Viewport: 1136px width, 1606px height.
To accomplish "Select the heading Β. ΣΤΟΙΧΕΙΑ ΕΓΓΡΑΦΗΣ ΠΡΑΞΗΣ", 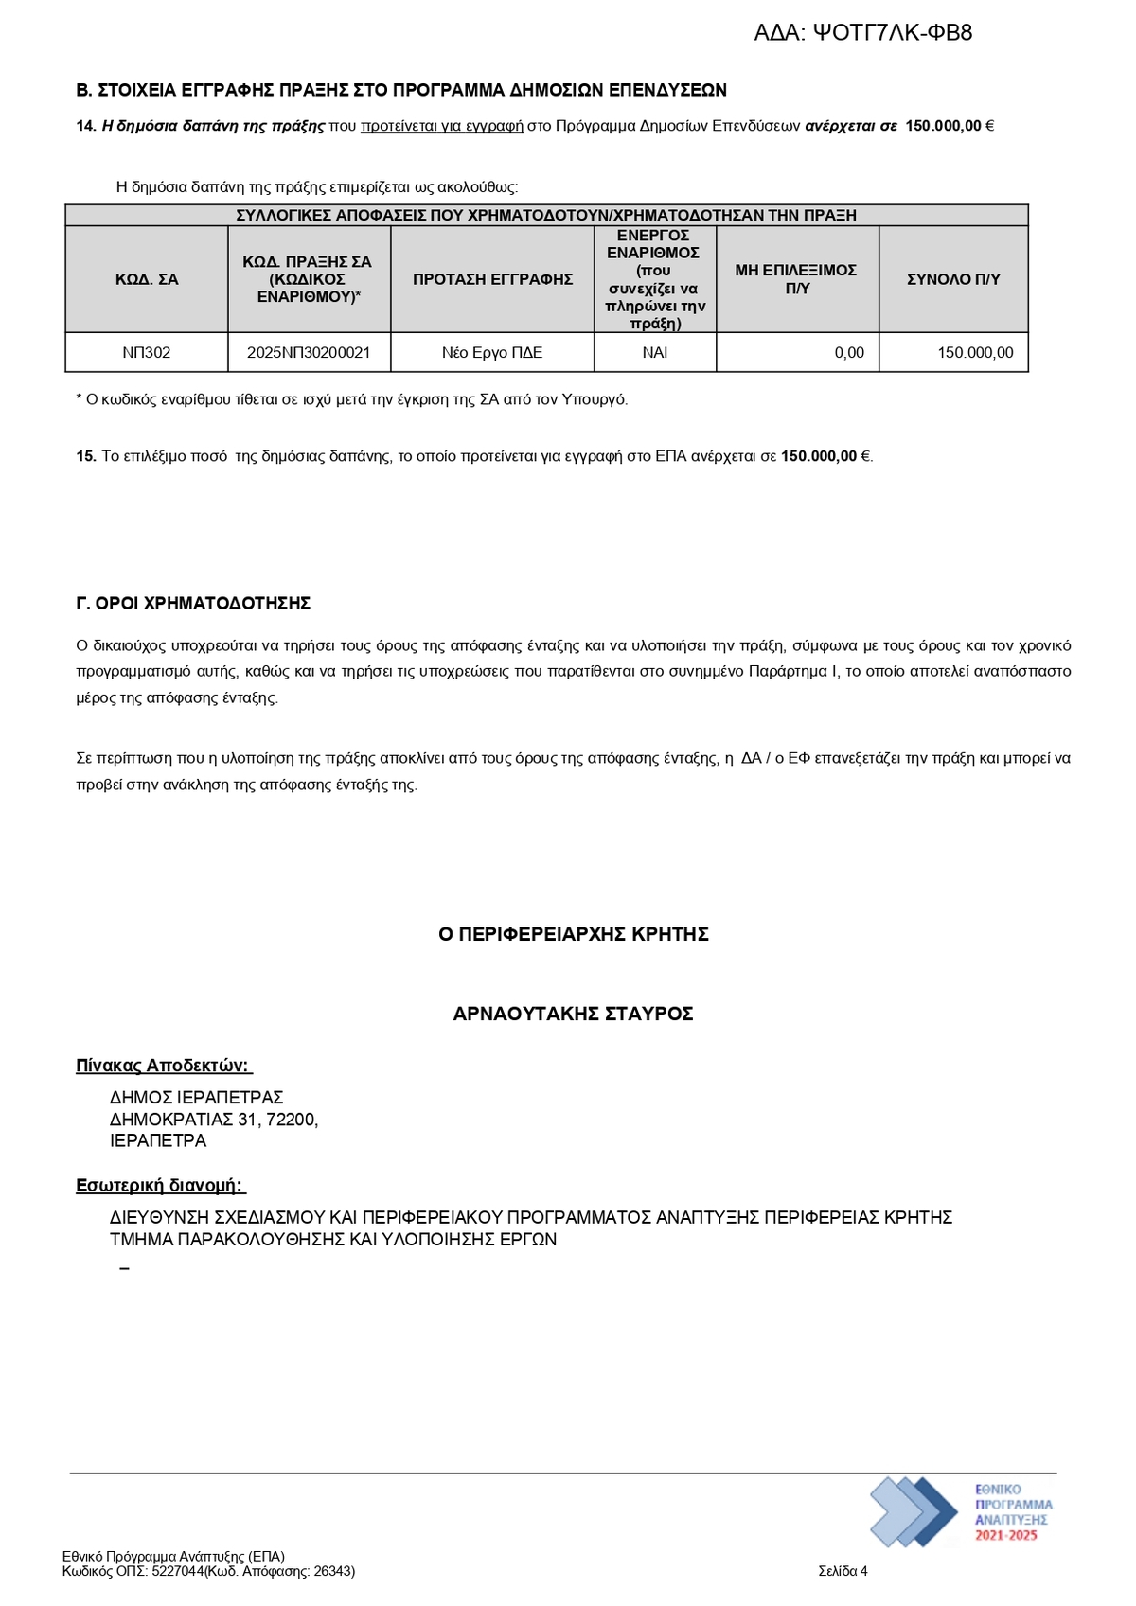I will (x=401, y=91).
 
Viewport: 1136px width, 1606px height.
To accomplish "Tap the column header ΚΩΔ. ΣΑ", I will (x=147, y=279).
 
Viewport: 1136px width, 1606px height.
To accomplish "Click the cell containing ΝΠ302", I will (x=147, y=353).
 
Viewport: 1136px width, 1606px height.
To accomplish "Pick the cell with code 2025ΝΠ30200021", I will (x=309, y=353).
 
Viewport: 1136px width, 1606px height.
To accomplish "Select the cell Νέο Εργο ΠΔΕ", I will (x=492, y=353).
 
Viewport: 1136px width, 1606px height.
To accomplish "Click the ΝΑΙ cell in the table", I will (x=655, y=353).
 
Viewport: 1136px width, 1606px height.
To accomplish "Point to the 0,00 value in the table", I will (x=849, y=353).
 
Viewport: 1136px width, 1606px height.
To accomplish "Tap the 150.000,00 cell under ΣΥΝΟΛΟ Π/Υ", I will (x=975, y=353).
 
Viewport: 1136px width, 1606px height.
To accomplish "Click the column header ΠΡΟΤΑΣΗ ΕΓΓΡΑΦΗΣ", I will (x=492, y=279).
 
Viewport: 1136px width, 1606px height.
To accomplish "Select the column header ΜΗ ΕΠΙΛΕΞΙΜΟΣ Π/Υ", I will (x=796, y=279).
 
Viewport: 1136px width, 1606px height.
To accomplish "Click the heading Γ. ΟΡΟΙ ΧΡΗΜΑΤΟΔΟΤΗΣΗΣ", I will (x=193, y=604).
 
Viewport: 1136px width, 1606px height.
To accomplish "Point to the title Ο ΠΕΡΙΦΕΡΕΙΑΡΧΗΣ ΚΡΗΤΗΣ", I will (x=574, y=935).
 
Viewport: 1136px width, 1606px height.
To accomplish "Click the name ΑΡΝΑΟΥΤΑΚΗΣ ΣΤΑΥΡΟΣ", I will (x=574, y=1015).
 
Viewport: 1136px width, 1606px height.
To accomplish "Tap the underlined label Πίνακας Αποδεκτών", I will (x=163, y=1067).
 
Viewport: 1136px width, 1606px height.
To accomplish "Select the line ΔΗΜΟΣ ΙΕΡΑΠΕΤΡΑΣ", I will (x=197, y=1098).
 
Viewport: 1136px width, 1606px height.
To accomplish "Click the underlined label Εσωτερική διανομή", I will (x=159, y=1186).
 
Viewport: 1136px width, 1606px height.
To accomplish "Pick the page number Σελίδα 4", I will (x=843, y=1571).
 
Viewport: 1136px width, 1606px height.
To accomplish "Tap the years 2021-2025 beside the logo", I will (x=1006, y=1535).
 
